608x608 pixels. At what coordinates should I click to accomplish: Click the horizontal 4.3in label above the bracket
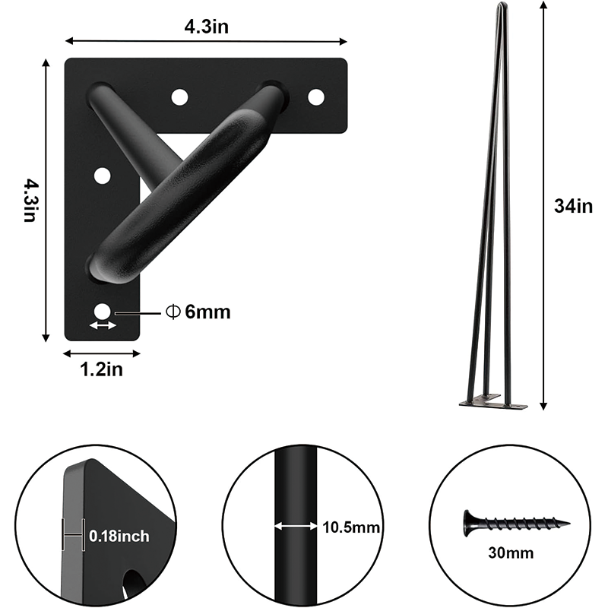point(207,27)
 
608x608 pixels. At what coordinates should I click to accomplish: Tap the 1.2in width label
point(101,370)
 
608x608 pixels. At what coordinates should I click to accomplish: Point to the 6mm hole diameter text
point(198,312)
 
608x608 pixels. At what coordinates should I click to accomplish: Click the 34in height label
point(573,205)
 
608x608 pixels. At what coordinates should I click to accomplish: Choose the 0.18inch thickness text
point(119,537)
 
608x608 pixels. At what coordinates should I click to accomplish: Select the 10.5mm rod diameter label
point(350,527)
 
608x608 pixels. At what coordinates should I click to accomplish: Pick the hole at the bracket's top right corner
point(315,97)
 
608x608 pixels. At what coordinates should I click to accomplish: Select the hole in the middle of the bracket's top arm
point(179,97)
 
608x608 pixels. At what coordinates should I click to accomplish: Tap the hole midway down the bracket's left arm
point(102,176)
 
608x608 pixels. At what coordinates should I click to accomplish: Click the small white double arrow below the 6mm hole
point(103,326)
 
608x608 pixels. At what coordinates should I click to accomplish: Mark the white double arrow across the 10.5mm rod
point(296,526)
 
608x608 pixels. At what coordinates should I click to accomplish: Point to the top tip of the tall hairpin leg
point(500,6)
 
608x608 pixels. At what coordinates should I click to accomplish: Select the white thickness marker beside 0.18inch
point(73,537)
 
